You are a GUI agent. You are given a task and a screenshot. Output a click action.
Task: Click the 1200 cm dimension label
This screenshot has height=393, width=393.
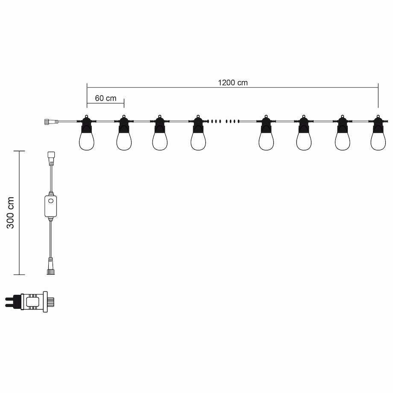[x=233, y=83]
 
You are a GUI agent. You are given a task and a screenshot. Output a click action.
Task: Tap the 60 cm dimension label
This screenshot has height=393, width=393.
[x=106, y=98]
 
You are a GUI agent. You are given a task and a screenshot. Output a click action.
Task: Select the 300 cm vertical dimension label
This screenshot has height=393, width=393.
[x=10, y=213]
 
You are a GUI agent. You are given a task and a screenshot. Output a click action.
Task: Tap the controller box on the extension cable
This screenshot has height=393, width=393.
[x=50, y=206]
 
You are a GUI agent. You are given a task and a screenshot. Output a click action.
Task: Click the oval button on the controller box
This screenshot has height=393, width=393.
[x=51, y=200]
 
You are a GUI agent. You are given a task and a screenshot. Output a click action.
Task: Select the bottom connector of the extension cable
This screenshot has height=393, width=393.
[x=51, y=266]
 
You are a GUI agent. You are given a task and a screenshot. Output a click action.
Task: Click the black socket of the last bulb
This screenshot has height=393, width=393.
[x=378, y=126]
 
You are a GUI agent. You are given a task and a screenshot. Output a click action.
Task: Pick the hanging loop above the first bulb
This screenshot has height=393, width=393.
[x=87, y=117]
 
